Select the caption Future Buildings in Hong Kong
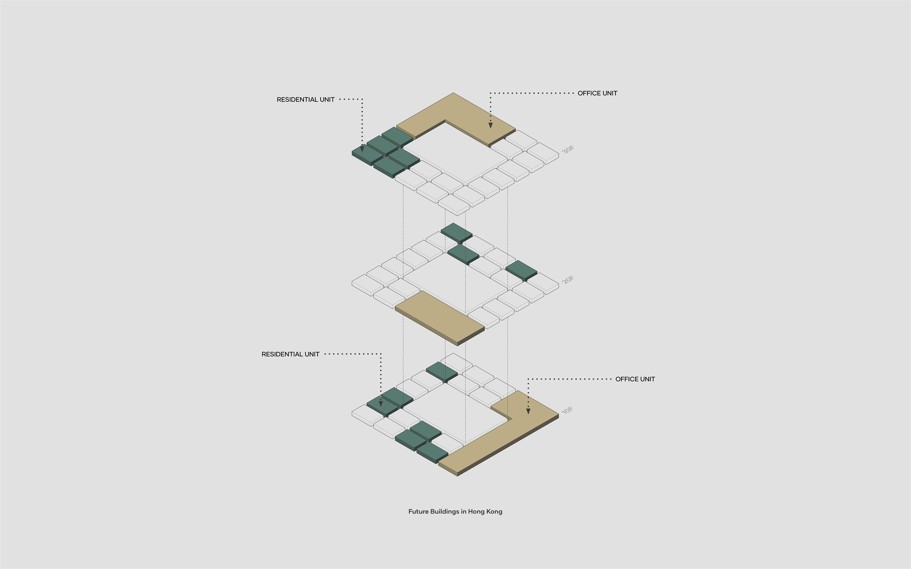pos(455,511)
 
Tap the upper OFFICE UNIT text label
pos(597,93)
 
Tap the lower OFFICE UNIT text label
pos(635,379)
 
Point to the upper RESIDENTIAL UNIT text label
pos(306,100)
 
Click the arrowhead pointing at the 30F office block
pos(491,126)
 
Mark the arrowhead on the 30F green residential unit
pos(362,149)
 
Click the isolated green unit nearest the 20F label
pos(521,270)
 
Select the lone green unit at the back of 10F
pos(442,371)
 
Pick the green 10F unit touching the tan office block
pos(432,452)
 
